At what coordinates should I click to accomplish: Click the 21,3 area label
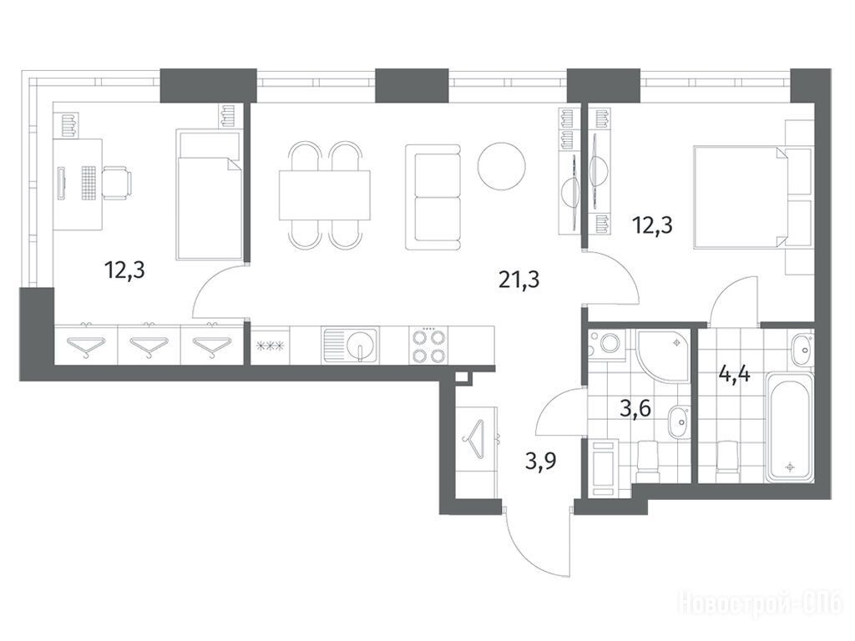(x=519, y=280)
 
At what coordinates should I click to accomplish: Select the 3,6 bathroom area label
(x=635, y=407)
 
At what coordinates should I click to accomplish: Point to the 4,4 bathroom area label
(x=735, y=375)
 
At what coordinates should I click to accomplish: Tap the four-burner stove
(x=428, y=346)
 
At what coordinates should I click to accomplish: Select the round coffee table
(x=501, y=166)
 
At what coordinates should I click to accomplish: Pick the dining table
(x=325, y=194)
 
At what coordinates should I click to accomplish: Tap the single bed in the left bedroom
(x=209, y=194)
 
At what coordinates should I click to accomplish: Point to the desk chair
(x=117, y=183)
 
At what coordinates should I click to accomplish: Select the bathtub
(x=788, y=427)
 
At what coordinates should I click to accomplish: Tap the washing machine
(x=606, y=345)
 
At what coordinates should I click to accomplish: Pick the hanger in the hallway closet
(x=474, y=439)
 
